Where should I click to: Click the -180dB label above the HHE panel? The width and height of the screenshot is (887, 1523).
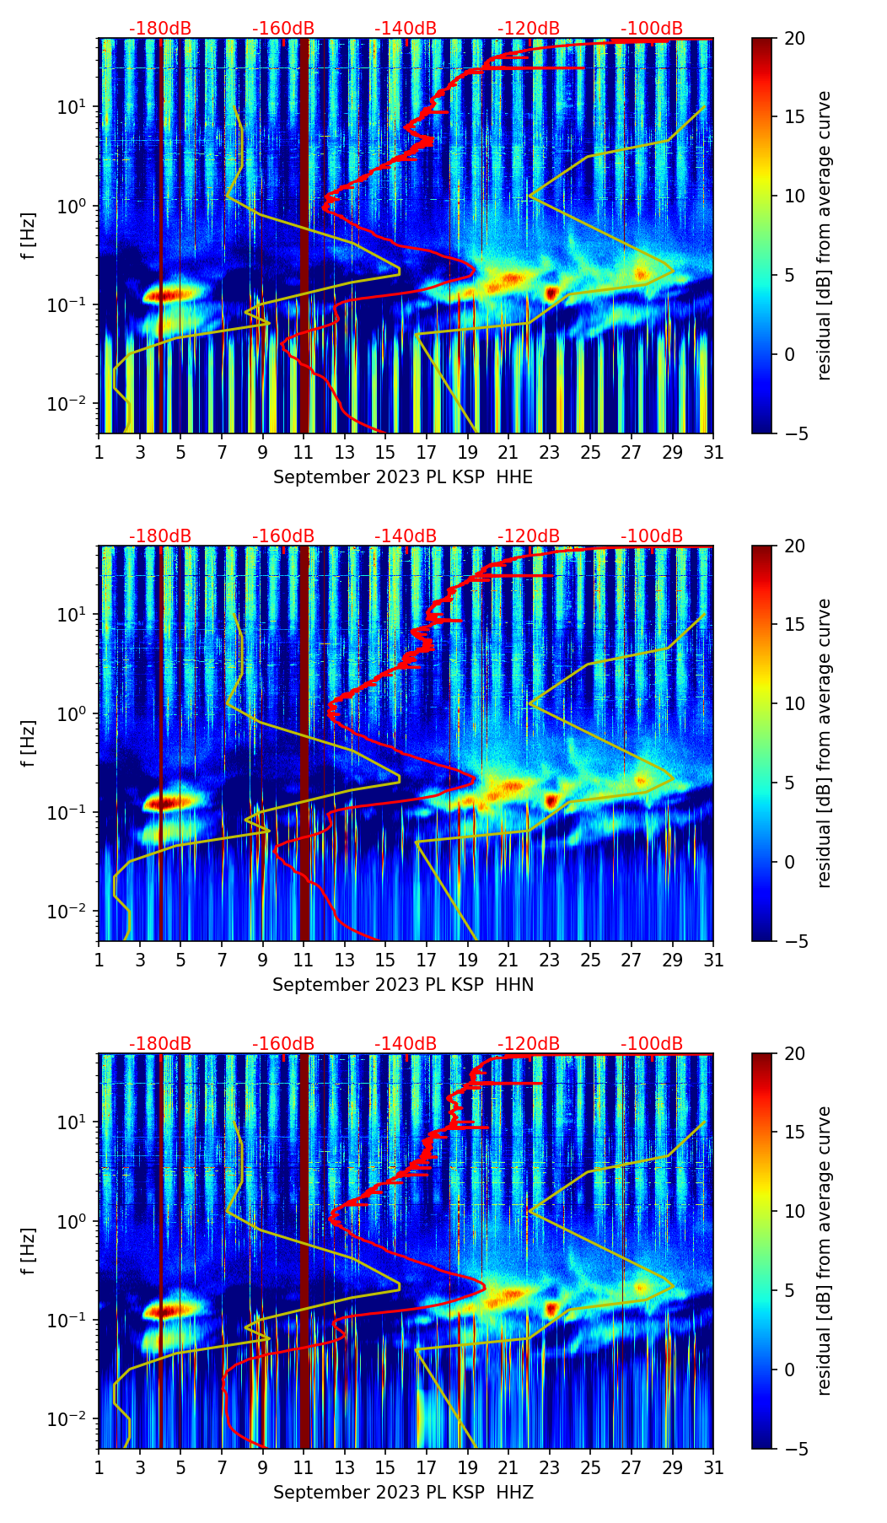pyautogui.click(x=160, y=29)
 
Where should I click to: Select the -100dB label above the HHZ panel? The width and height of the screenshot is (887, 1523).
pyautogui.click(x=652, y=1044)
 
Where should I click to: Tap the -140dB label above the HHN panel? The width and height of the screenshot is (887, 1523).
pyautogui.click(x=406, y=536)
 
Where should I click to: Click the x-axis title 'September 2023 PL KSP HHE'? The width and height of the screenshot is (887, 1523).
pyautogui.click(x=403, y=477)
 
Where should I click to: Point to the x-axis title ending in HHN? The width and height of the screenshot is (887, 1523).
pyautogui.click(x=403, y=985)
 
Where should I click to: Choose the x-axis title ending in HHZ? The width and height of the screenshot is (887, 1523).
pyautogui.click(x=403, y=1493)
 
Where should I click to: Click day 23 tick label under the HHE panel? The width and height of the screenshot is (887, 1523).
pyautogui.click(x=550, y=452)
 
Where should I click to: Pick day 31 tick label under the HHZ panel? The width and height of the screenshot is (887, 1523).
pyautogui.click(x=713, y=1467)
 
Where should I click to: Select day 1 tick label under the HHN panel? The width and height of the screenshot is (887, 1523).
pyautogui.click(x=99, y=960)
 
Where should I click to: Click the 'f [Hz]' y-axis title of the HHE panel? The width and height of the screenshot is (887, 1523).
pyautogui.click(x=29, y=235)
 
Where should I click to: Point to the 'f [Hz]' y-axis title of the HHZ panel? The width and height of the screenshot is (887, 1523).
pyautogui.click(x=29, y=1251)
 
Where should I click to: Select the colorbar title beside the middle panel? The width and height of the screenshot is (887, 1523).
pyautogui.click(x=825, y=743)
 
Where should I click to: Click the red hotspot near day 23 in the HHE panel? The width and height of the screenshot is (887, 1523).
pyautogui.click(x=551, y=293)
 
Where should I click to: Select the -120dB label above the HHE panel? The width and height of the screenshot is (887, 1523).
pyautogui.click(x=529, y=29)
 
